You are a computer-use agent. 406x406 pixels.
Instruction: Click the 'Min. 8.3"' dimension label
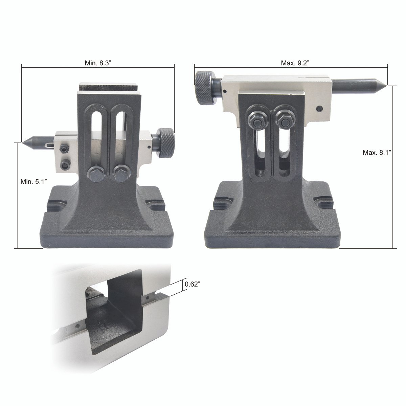point(97,63)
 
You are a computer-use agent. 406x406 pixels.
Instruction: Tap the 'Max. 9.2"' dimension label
point(295,63)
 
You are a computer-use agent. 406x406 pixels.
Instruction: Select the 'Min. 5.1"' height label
point(33,182)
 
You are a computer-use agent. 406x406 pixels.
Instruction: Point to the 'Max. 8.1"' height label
point(377,153)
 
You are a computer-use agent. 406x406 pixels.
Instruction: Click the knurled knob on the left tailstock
point(166,143)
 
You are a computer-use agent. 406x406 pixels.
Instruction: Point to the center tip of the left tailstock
point(22,142)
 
